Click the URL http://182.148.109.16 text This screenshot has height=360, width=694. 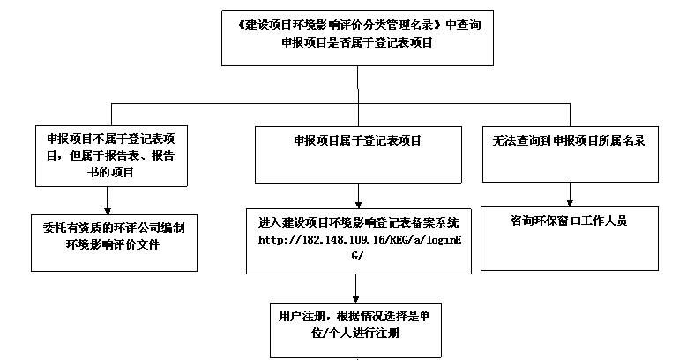[353, 240]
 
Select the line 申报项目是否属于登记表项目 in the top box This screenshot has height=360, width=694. [357, 41]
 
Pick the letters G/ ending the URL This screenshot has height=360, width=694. [357, 255]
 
